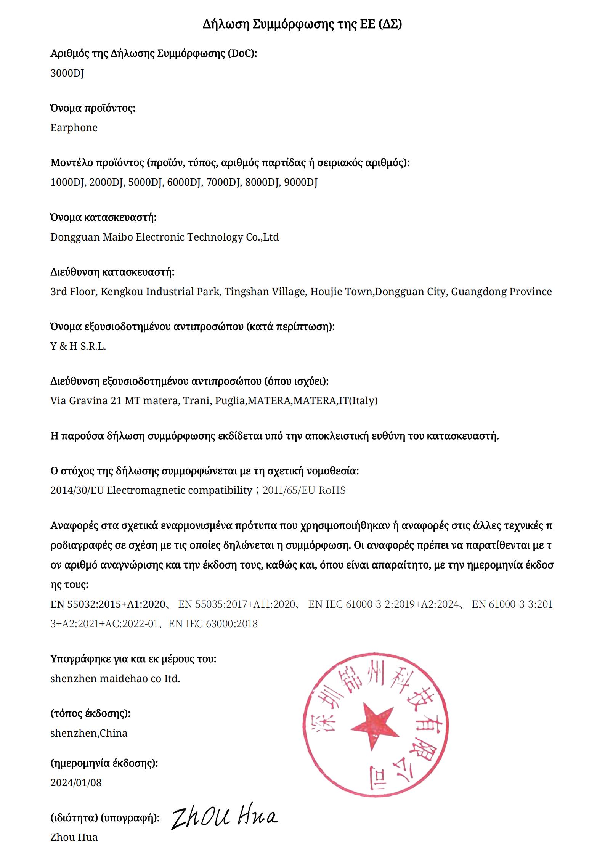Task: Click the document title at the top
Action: [302, 24]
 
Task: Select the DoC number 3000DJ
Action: [67, 73]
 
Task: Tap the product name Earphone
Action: [74, 128]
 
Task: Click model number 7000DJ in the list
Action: [223, 182]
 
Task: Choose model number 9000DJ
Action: [301, 182]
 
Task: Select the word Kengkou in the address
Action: [122, 292]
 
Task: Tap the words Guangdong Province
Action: [501, 292]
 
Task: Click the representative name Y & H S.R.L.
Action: [78, 346]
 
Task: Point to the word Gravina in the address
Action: [88, 401]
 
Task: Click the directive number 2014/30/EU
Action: [77, 490]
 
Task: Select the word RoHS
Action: [332, 490]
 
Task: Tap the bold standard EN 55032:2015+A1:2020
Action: [108, 604]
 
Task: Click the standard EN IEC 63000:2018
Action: [213, 624]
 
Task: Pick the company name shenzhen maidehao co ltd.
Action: [115, 679]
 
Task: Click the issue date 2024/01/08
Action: [76, 783]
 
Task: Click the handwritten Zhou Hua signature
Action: [224, 817]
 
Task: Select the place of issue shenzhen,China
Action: [89, 733]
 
